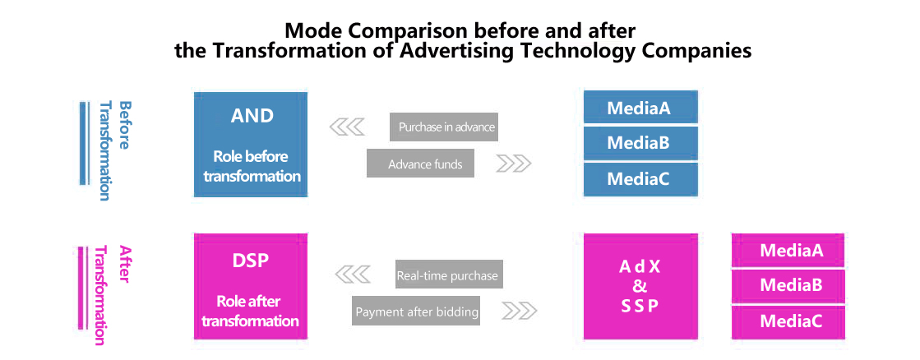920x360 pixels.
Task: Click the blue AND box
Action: coord(251,144)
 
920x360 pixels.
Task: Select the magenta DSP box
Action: coord(251,286)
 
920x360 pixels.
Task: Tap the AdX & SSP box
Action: coord(640,286)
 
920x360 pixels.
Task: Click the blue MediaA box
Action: coord(640,108)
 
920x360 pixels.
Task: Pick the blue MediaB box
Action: coord(640,143)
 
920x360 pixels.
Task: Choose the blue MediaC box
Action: coord(640,179)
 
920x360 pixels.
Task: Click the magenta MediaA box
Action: coord(788,251)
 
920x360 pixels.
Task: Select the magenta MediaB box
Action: coord(788,286)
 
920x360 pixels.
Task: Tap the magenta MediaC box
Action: coord(788,322)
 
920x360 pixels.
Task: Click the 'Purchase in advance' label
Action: coord(444,127)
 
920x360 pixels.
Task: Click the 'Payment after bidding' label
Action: coord(416,311)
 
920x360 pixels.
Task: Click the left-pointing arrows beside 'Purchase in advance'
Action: coord(347,127)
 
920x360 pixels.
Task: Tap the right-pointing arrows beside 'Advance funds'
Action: coord(514,164)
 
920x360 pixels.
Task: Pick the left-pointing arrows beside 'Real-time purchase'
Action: coord(352,274)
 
